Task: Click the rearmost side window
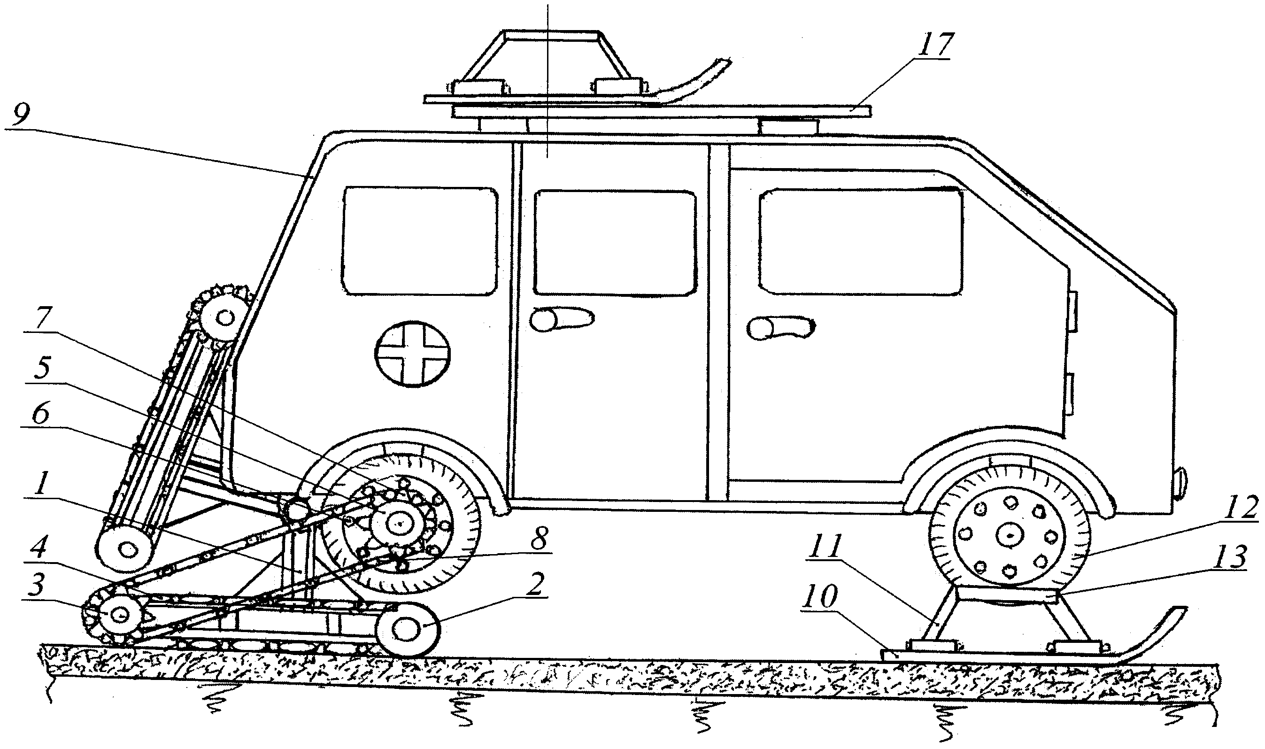click(419, 241)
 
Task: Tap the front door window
click(861, 241)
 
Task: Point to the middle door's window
click(614, 243)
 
